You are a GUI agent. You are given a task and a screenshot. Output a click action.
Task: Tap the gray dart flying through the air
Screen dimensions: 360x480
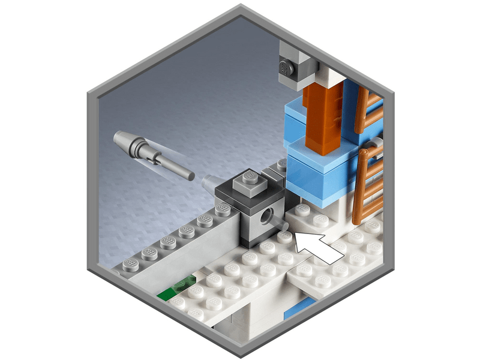tap(153, 153)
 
